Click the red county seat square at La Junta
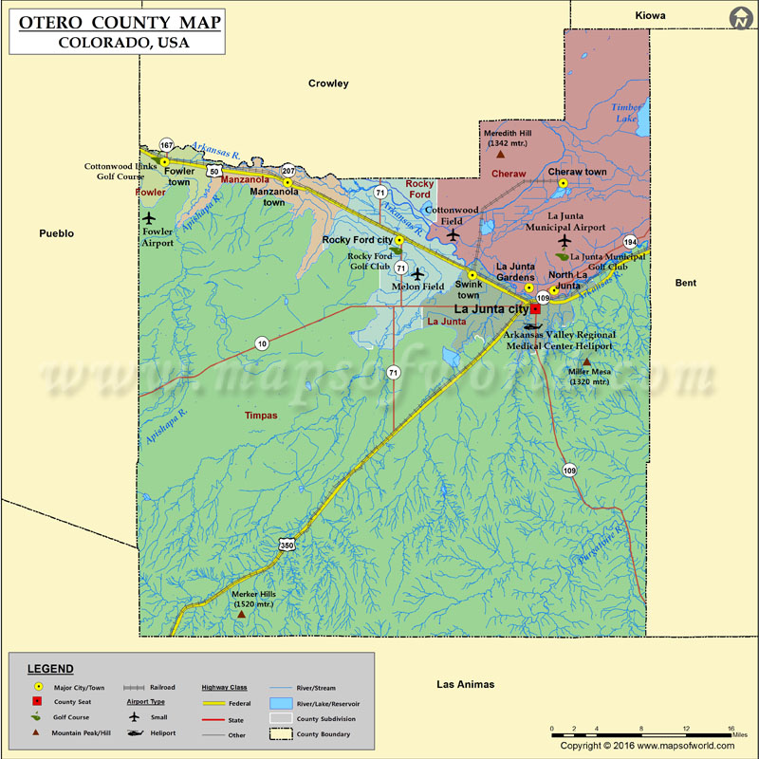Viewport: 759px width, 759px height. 535,308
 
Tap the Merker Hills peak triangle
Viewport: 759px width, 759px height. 241,615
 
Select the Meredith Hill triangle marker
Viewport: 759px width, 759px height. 500,153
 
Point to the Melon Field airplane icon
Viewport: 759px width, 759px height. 417,274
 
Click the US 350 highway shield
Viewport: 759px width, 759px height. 287,545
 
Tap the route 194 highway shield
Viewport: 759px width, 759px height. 631,242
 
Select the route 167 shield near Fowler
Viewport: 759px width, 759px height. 166,145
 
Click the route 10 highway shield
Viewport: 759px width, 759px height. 261,342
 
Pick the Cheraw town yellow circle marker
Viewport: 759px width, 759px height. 563,183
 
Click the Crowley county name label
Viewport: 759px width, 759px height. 328,83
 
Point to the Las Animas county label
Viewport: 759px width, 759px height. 465,684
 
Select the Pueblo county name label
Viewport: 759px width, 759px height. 56,232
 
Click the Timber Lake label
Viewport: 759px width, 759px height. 625,112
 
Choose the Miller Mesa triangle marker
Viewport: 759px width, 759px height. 586,361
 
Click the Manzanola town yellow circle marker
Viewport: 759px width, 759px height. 287,182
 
